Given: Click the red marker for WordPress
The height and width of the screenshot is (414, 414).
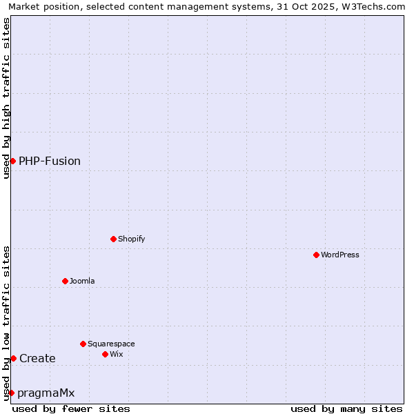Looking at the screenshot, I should coord(316,255).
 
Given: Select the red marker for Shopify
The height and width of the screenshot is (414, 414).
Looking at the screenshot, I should coord(113,239).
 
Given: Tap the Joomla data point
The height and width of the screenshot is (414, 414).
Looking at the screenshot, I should coord(65,281).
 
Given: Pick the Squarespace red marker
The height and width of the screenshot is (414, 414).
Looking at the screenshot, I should coord(83,344).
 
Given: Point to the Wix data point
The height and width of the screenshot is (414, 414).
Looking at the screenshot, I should coord(105,354).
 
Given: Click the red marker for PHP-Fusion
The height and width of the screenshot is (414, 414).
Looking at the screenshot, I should coord(12,161).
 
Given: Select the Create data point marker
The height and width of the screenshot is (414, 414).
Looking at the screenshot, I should coord(13,358).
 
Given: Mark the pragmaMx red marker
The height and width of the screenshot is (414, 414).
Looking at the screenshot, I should coord(11,393).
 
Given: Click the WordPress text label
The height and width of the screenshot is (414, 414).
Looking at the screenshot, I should coord(340,255).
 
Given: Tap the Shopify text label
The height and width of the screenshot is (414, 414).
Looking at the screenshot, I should coord(131,239).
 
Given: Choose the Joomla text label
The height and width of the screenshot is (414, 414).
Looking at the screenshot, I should coord(82,281).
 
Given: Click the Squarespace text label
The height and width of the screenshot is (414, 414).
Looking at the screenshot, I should coord(111,344).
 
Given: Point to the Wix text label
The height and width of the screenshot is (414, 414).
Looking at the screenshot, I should coord(116,354).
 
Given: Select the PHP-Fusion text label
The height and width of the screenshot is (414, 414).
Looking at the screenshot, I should coord(50,161).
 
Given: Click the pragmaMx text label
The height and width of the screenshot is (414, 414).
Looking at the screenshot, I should coord(46,393).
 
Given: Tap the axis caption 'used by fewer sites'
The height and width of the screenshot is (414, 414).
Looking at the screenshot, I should coord(71,408).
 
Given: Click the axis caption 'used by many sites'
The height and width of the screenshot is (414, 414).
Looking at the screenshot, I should coord(346,408).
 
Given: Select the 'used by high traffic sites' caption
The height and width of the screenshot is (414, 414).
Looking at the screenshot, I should coord(6,98).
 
